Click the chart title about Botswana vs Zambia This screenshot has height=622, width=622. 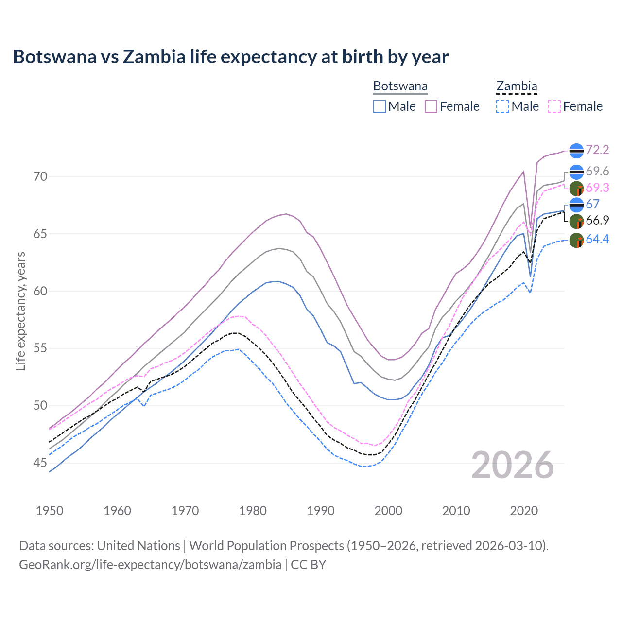click(x=230, y=57)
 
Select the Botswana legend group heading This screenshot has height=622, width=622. click(x=400, y=86)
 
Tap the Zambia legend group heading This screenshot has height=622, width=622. click(x=517, y=86)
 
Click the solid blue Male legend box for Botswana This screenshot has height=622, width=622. click(x=380, y=106)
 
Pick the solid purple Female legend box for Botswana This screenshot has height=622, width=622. click(x=431, y=106)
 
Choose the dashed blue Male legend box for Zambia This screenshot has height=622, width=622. click(x=502, y=106)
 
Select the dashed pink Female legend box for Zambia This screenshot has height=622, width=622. click(x=554, y=106)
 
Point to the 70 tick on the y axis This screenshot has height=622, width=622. click(x=41, y=176)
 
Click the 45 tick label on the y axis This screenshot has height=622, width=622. click(x=41, y=463)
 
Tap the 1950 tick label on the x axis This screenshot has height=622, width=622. click(x=50, y=511)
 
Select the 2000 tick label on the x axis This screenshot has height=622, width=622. click(x=388, y=511)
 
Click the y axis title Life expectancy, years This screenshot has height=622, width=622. click(x=20, y=311)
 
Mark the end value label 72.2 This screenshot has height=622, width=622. click(x=597, y=150)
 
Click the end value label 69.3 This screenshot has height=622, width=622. click(x=597, y=188)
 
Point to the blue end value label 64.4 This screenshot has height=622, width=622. click(x=597, y=239)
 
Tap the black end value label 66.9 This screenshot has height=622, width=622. click(x=597, y=220)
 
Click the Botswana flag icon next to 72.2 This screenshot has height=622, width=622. click(x=576, y=151)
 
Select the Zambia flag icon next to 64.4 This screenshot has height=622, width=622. click(x=576, y=240)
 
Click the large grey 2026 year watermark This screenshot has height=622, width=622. click(x=512, y=465)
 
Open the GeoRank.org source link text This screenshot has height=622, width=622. click(x=150, y=564)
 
